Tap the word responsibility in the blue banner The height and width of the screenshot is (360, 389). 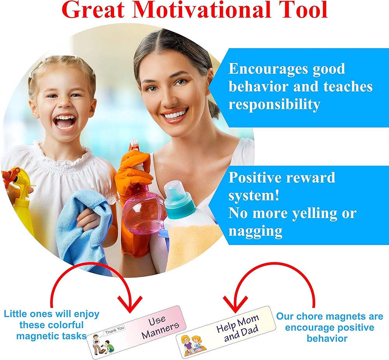(274, 105)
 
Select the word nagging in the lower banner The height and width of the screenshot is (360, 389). (255, 231)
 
